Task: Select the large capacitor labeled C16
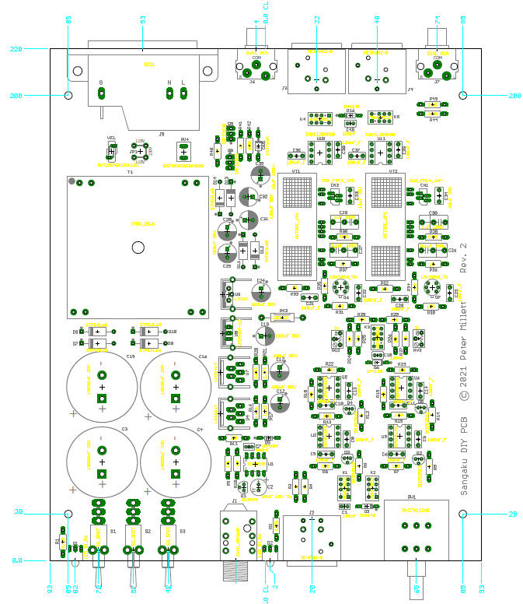(175, 388)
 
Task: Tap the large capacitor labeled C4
(175, 462)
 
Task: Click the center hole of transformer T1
(138, 248)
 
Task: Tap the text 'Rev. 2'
(464, 256)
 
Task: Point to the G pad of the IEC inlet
(101, 93)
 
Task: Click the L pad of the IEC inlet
(184, 93)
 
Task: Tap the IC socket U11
(381, 152)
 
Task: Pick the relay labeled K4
(318, 119)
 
